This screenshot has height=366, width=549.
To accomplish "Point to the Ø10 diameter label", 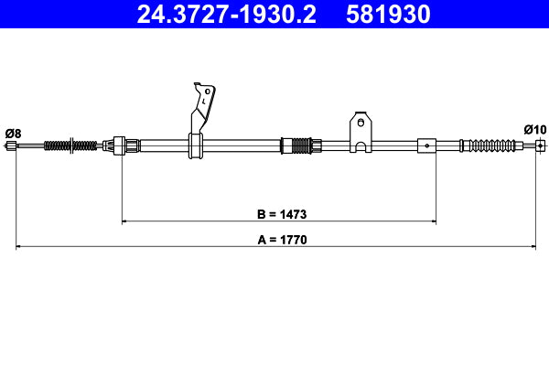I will (535, 130).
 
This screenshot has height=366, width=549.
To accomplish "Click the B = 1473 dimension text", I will (281, 215).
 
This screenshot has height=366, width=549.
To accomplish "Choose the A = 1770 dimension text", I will (281, 241).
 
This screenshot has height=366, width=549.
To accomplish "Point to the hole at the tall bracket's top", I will (208, 91).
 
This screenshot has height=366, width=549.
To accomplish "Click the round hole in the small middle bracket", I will (361, 121).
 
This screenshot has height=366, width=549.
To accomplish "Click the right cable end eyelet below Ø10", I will (540, 145).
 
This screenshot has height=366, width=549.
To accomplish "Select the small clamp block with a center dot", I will (427, 144).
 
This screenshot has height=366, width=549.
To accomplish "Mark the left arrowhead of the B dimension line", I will (124, 221).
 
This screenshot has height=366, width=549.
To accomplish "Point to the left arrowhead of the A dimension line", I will (18, 246).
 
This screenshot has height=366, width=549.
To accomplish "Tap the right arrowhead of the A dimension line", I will (533, 246).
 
